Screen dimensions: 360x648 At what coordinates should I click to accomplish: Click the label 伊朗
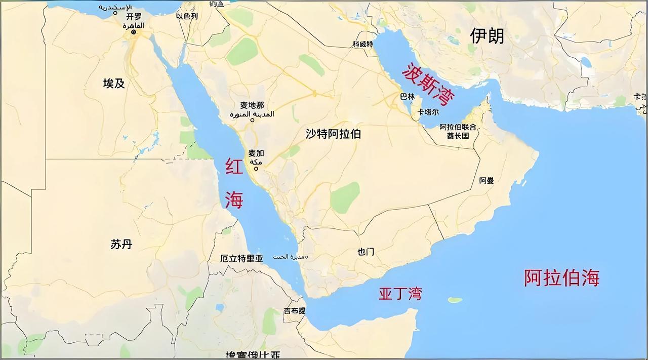click(x=487, y=35)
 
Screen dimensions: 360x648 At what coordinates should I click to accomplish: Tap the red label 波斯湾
click(x=428, y=84)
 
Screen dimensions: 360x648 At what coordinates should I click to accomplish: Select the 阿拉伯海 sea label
click(x=561, y=278)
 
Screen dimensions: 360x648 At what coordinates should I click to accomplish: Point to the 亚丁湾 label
click(x=400, y=294)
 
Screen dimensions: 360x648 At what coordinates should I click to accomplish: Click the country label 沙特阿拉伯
click(x=333, y=134)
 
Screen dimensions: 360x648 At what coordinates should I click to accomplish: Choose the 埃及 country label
click(x=114, y=84)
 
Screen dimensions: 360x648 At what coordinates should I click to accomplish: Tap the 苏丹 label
click(x=121, y=244)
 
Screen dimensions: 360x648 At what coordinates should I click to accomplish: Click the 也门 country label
click(x=366, y=252)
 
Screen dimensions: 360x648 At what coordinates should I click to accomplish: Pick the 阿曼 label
click(x=487, y=180)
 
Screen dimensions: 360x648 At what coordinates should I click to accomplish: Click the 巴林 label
click(x=407, y=96)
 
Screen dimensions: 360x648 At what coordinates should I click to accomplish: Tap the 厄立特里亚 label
click(x=242, y=258)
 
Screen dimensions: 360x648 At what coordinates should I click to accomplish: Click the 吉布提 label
click(x=295, y=311)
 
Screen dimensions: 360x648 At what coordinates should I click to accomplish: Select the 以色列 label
click(x=187, y=16)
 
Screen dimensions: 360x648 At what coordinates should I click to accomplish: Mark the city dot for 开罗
click(x=134, y=32)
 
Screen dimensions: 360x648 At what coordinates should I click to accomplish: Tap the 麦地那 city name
click(x=252, y=105)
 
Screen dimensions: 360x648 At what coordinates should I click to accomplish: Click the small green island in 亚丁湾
click(x=455, y=300)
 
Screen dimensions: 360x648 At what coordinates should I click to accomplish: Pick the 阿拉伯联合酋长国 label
click(x=458, y=131)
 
